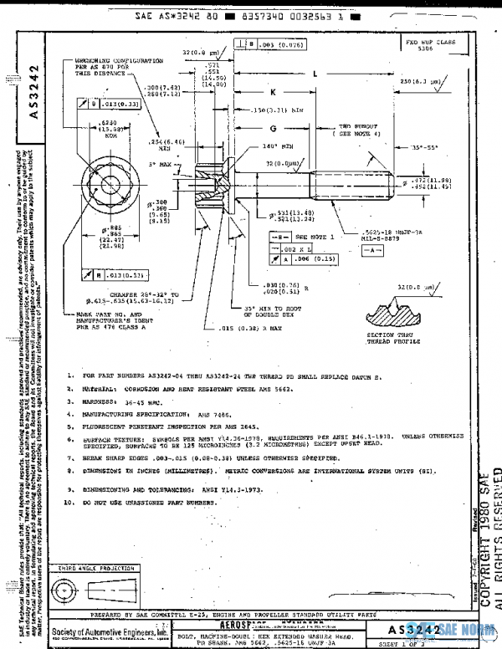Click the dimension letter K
click(x=273, y=91)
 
